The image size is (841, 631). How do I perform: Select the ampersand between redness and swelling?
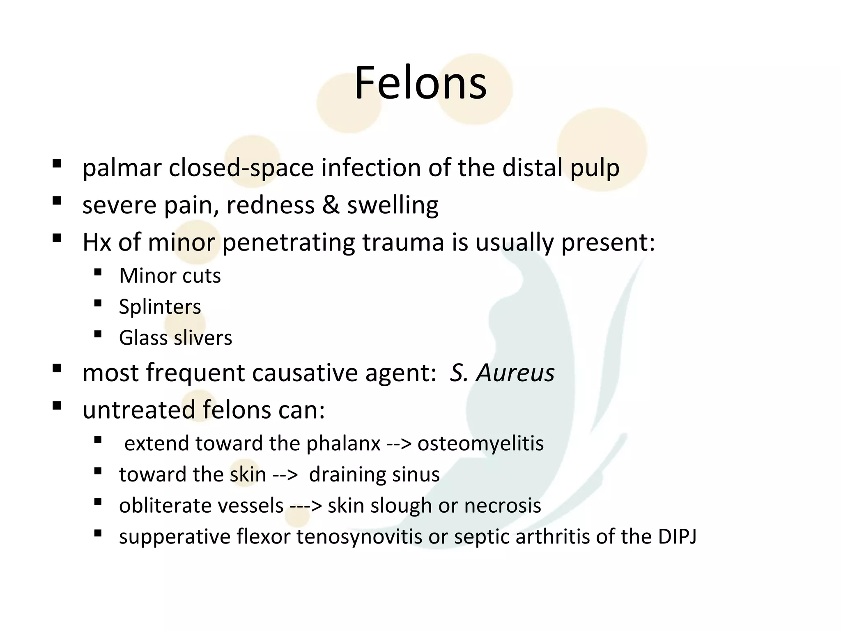coord(331,205)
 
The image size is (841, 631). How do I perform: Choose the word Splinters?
coord(160,306)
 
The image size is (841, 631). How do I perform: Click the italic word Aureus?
coord(515,373)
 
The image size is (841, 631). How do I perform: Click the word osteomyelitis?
coord(480,443)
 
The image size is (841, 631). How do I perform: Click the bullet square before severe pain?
coord(57,201)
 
